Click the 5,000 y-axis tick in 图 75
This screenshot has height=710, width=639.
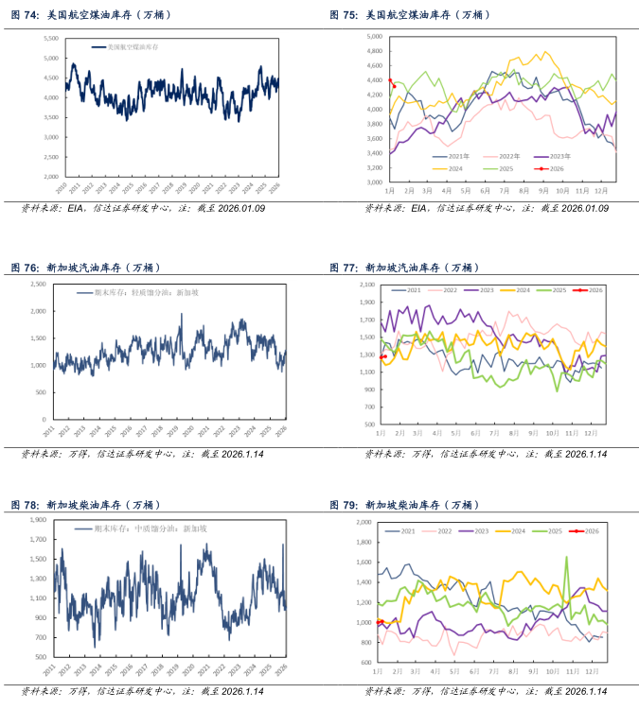coord(373,37)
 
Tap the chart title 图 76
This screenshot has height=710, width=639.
coord(86,268)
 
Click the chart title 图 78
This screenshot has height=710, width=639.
coord(86,504)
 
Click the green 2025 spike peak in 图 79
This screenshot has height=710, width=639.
coord(567,557)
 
